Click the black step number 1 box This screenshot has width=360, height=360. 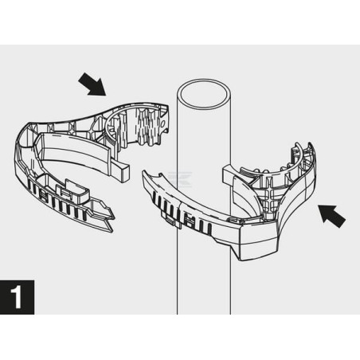pyautogui.click(x=17, y=297)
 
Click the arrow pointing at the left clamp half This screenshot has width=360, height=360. pyautogui.click(x=92, y=84)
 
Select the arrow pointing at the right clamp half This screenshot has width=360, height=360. pyautogui.click(x=332, y=216)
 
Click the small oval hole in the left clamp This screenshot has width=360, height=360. pyautogui.click(x=163, y=123)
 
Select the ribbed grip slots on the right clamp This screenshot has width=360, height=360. pyautogui.click(x=183, y=213)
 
